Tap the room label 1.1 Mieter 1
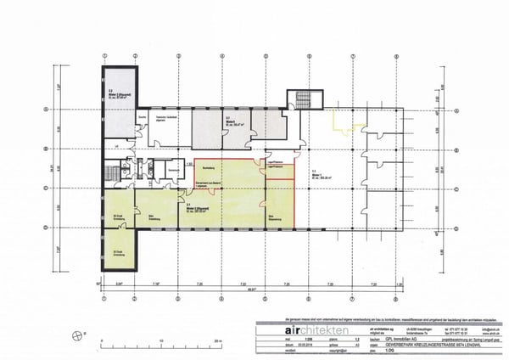tap(319, 172)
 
